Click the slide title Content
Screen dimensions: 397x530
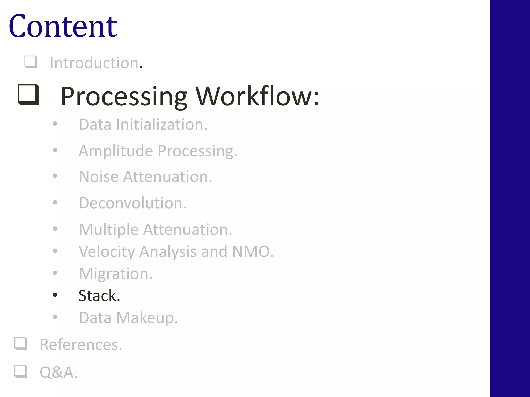coord(63,26)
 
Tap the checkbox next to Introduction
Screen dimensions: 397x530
coord(31,62)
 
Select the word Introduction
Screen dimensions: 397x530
coord(94,63)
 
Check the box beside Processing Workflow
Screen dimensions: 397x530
coord(28,95)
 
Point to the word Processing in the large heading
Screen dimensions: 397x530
coord(124,96)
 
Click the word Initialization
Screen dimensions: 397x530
coord(161,125)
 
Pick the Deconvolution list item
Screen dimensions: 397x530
coord(132,203)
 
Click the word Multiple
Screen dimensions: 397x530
coord(109,230)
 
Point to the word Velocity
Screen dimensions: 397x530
coord(107,251)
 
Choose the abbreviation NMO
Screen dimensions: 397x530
coord(252,251)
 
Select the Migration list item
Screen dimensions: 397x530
coord(115,274)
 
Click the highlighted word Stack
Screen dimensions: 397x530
coord(99,296)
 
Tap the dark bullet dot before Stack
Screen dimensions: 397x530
coord(55,295)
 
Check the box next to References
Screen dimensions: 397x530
coord(21,344)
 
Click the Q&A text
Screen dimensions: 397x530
coord(58,372)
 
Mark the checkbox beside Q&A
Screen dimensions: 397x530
coord(21,371)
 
